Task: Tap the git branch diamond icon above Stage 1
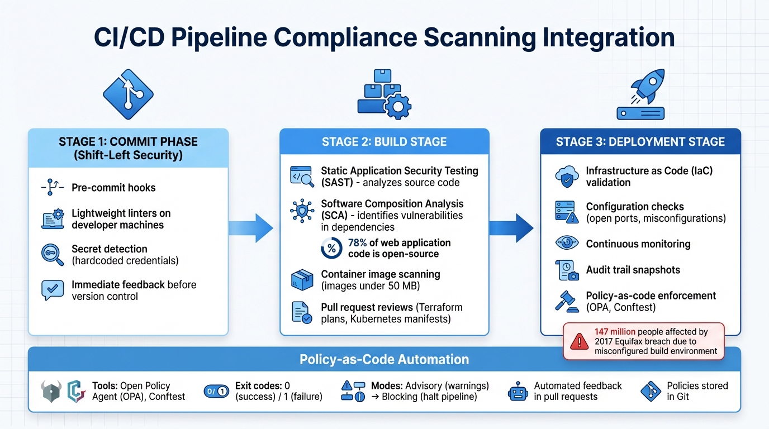(128, 93)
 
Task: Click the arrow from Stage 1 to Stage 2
(251, 228)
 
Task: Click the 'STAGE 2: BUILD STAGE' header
(384, 142)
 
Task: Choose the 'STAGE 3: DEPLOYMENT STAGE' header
(640, 142)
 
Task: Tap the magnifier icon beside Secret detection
(53, 255)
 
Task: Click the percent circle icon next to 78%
(331, 248)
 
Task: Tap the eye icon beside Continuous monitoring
(567, 244)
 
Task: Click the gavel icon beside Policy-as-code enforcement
(567, 301)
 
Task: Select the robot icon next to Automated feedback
(518, 391)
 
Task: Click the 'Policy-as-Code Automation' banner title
(384, 359)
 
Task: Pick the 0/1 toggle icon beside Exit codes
(216, 392)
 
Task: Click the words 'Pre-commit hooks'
(113, 188)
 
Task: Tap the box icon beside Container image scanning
(302, 280)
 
